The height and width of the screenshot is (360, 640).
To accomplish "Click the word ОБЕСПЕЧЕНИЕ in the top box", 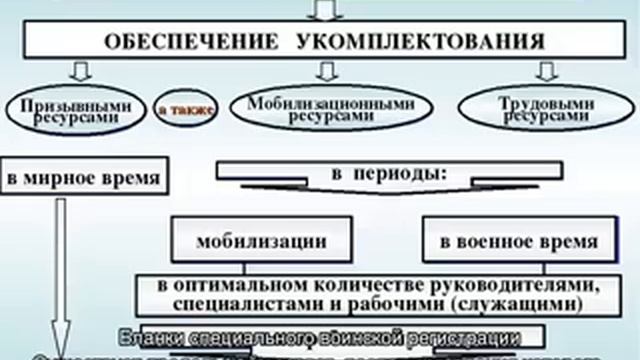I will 186,42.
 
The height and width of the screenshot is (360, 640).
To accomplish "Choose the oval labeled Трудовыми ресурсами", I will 541,108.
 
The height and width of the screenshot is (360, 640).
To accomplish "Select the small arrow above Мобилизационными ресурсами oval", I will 322,72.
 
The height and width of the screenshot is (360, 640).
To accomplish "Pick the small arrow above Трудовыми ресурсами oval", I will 546,72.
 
